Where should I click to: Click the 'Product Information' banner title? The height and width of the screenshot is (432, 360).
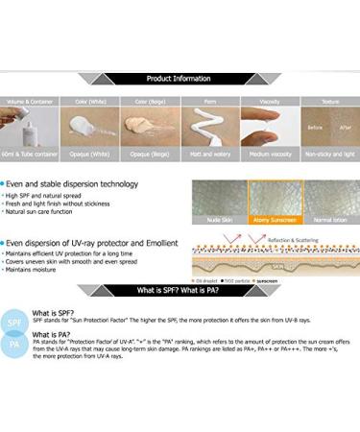coord(179,79)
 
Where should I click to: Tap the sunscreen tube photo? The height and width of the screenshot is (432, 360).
coord(29,126)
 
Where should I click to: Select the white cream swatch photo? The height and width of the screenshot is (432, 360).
coord(88,126)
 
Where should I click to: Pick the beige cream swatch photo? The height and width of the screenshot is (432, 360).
coord(149,126)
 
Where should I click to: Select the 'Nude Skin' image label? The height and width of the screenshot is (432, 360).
coord(219,220)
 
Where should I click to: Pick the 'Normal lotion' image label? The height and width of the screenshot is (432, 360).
coord(329,220)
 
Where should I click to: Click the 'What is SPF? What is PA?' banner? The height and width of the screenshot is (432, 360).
coord(179,290)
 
